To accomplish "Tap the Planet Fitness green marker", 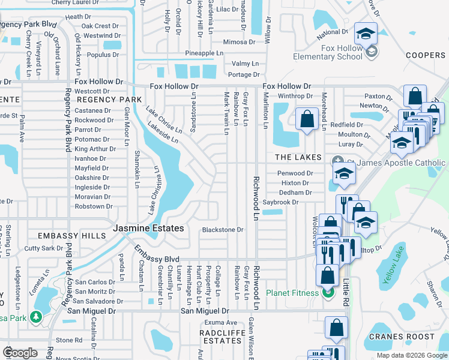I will [x=328, y=293].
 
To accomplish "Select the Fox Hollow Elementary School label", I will [x=328, y=52].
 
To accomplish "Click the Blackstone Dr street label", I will [x=222, y=229].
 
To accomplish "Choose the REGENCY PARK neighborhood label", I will [x=109, y=100].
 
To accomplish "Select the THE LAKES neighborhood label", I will [x=300, y=157].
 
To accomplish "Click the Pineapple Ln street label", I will [x=196, y=53].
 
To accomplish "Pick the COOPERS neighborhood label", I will [x=425, y=55].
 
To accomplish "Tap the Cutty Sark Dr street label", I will [x=43, y=248].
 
